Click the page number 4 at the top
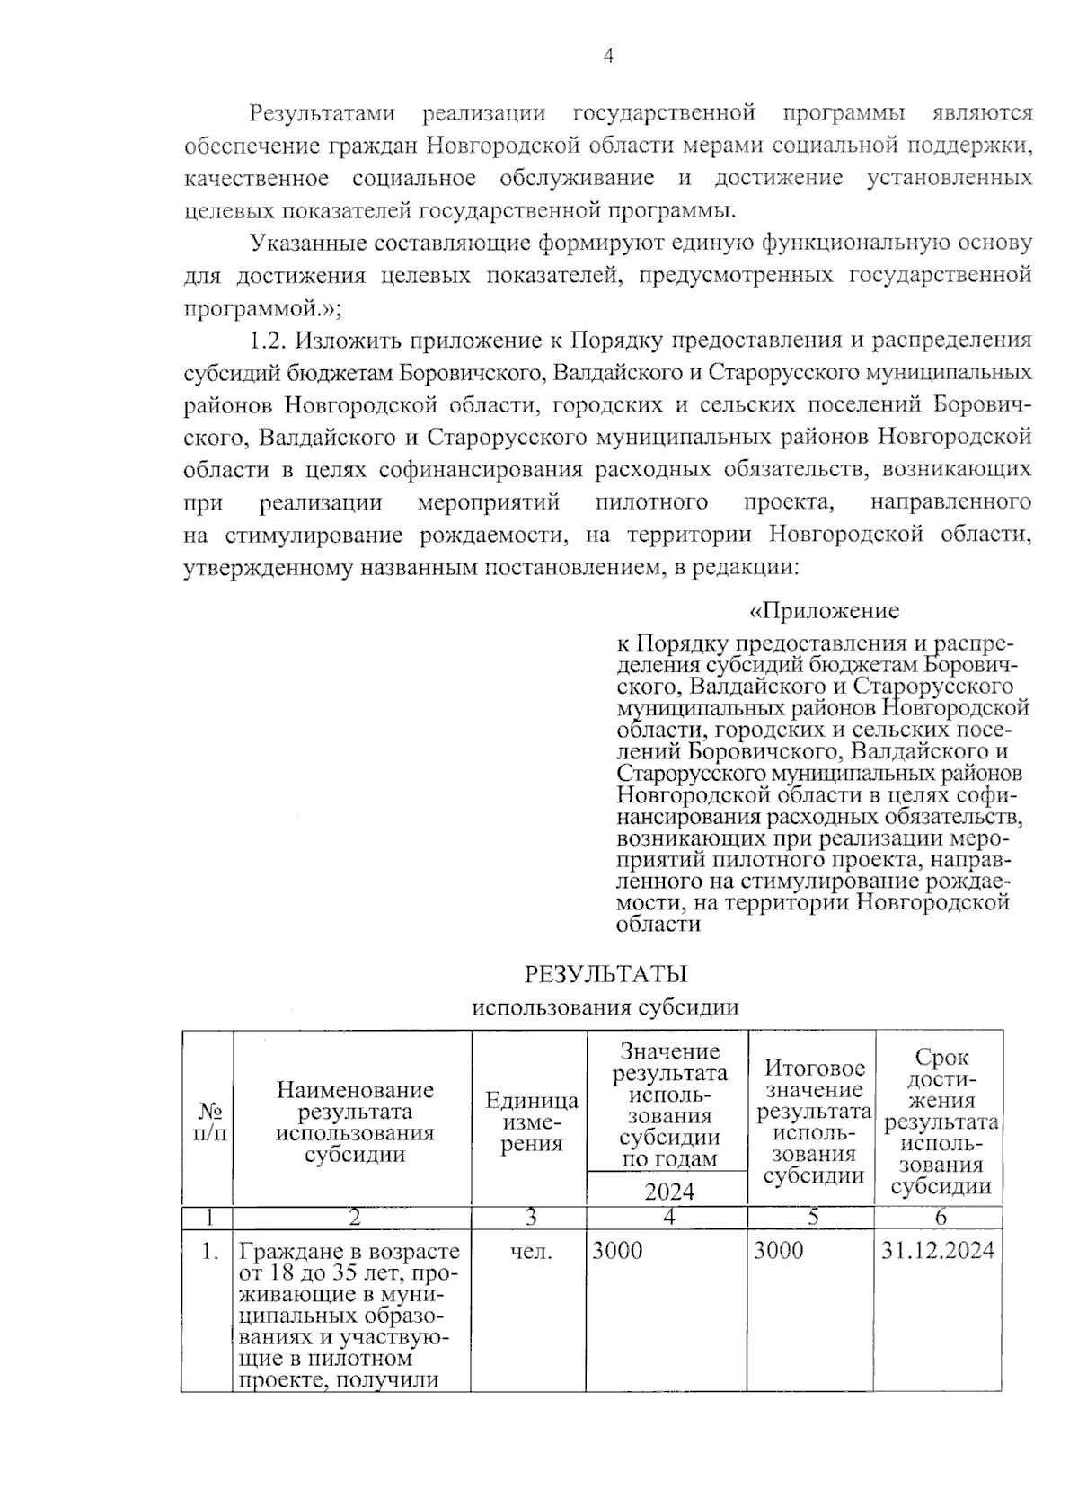(x=608, y=57)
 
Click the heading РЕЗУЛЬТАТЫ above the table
(x=605, y=974)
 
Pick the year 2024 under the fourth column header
(x=668, y=1191)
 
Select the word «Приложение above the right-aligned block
(x=824, y=611)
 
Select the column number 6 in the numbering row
(x=940, y=1218)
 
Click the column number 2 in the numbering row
(x=354, y=1218)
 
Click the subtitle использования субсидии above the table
(x=605, y=1006)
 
